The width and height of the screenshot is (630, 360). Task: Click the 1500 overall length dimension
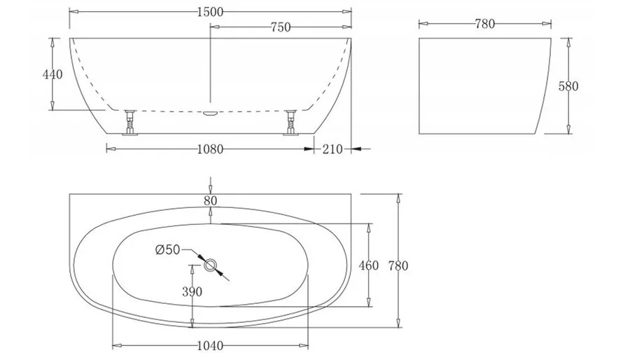[x=210, y=12]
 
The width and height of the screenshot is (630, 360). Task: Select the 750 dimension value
[x=281, y=27]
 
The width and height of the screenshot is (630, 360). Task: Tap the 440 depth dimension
[x=52, y=74]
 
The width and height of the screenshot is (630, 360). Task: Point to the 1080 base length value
[x=210, y=149]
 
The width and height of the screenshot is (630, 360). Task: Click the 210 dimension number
[x=332, y=149]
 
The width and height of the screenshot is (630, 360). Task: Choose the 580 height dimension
[x=568, y=86]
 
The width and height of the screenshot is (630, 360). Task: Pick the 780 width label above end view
[x=484, y=24]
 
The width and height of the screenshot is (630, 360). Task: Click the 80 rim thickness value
[x=210, y=201]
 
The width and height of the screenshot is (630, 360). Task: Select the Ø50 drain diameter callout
[x=167, y=250]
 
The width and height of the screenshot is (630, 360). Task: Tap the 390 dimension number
[x=192, y=291]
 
